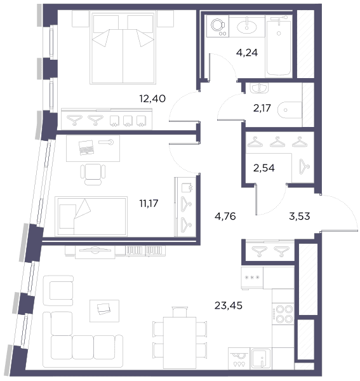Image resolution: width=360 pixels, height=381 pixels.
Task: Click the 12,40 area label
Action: (152, 98)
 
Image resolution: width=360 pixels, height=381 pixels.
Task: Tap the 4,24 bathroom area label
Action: (247, 53)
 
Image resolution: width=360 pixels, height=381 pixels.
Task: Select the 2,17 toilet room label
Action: (262, 108)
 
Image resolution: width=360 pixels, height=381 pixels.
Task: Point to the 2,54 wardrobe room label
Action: (263, 168)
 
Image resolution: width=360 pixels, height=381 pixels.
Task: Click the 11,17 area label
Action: (149, 203)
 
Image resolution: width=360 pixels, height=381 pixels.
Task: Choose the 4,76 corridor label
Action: (225, 216)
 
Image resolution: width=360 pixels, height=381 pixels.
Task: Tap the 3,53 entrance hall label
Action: (300, 216)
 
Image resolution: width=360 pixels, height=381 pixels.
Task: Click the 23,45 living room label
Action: (229, 305)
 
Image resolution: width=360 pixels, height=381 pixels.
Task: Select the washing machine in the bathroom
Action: (218, 26)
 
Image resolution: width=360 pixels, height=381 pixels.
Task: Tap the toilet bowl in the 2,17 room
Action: (290, 110)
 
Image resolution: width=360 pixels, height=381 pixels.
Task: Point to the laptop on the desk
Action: (86, 147)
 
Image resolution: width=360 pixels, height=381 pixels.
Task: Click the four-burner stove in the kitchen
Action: (283, 314)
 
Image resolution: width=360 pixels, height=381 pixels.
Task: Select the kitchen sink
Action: (261, 358)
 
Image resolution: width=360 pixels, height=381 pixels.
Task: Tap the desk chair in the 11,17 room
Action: (93, 174)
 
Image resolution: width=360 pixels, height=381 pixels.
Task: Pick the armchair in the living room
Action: (58, 290)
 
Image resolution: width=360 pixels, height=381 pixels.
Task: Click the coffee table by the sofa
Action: (105, 311)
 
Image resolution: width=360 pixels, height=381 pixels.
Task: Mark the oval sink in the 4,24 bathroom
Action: (247, 27)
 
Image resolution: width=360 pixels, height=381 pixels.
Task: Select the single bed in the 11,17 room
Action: (91, 217)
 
